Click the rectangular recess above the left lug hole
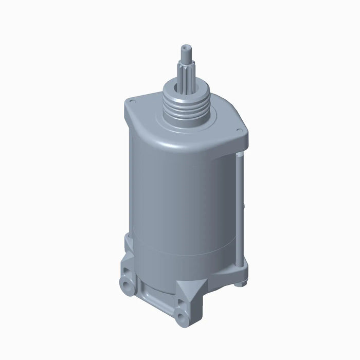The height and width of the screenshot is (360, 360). click(x=126, y=269)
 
